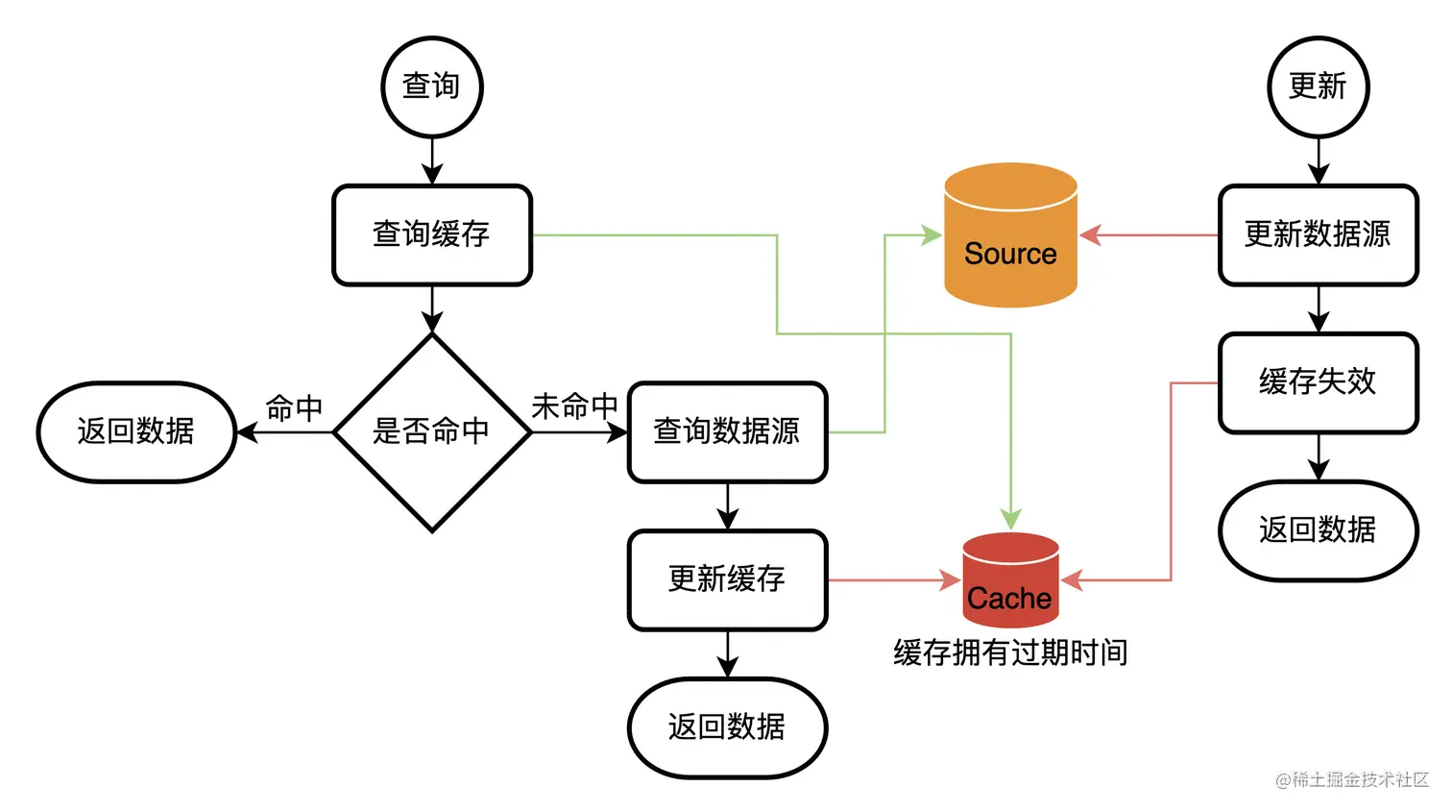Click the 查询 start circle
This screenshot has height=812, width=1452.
[431, 86]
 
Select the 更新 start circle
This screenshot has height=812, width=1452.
[1318, 86]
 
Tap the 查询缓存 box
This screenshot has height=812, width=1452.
[431, 234]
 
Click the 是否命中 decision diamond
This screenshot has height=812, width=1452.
[431, 431]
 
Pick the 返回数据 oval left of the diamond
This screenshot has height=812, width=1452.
[136, 431]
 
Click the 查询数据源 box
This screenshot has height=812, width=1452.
[727, 431]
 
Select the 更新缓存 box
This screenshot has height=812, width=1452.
[727, 579]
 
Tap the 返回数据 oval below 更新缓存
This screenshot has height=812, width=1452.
[727, 727]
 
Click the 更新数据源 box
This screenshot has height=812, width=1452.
[1318, 234]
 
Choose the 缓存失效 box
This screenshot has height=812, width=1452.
[1318, 382]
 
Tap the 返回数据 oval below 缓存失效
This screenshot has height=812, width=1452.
[1318, 529]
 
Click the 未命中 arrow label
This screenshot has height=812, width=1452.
[574, 406]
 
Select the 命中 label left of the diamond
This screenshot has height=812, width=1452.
[294, 408]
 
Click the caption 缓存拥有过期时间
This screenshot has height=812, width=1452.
[1010, 653]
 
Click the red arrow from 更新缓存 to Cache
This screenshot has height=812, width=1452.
[893, 579]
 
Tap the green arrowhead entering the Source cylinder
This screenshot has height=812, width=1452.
[931, 234]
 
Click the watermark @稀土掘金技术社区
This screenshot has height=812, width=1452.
[1352, 779]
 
